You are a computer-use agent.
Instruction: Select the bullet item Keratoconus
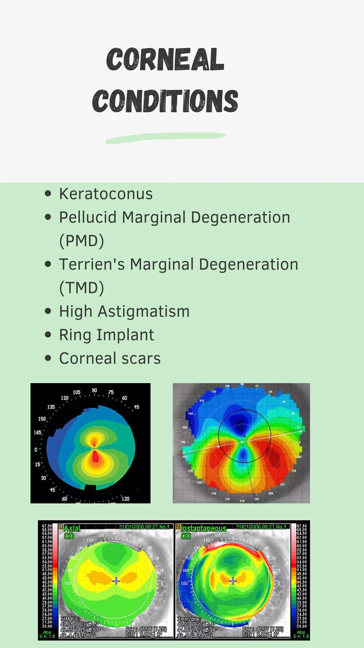(106, 194)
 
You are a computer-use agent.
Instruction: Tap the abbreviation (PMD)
(81, 241)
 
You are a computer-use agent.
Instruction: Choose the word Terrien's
(92, 264)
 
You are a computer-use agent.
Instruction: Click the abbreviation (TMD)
(81, 288)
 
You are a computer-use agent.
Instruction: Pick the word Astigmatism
(143, 311)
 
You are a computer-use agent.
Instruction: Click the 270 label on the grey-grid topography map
(242, 501)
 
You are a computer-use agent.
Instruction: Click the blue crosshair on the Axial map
(116, 581)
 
